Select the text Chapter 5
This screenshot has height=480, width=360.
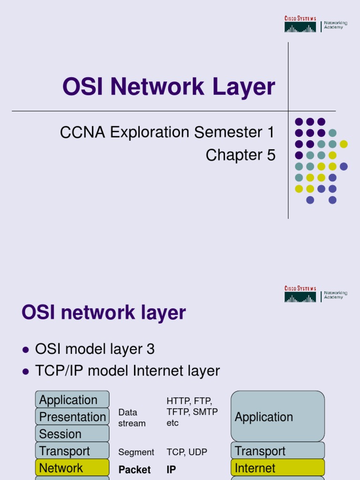(240, 155)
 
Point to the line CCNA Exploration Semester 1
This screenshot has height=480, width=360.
(167, 133)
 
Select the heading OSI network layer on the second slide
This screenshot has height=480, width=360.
(104, 313)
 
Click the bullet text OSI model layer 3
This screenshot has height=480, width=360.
(95, 349)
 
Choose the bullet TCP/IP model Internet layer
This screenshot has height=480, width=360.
(127, 371)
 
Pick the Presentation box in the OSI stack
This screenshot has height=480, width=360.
(72, 417)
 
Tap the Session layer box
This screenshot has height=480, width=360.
(72, 434)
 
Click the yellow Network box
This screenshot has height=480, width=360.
(72, 468)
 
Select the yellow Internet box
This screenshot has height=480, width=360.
(277, 468)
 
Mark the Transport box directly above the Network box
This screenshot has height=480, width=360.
(72, 451)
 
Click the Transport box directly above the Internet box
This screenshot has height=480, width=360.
(277, 451)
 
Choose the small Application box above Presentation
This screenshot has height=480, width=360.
(72, 400)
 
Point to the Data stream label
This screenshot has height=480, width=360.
(132, 418)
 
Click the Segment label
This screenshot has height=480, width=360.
(136, 452)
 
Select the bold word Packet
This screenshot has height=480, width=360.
(135, 469)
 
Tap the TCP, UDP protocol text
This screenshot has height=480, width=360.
(187, 452)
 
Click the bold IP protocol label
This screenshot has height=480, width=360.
(171, 469)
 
